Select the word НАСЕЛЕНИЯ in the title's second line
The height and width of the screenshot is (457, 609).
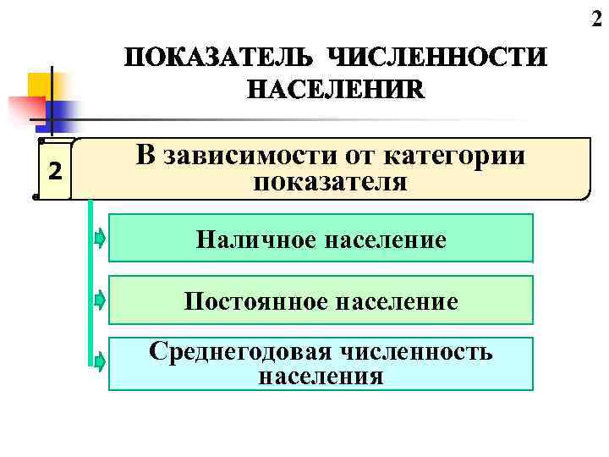pos(337,90)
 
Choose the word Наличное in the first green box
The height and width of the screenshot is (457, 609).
pos(250,240)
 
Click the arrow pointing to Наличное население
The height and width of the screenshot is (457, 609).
pos(100,239)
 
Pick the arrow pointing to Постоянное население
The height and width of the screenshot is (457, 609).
pos(100,300)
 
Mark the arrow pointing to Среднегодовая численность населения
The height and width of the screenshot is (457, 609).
pos(100,363)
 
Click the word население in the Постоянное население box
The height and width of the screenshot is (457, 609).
pos(394,301)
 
